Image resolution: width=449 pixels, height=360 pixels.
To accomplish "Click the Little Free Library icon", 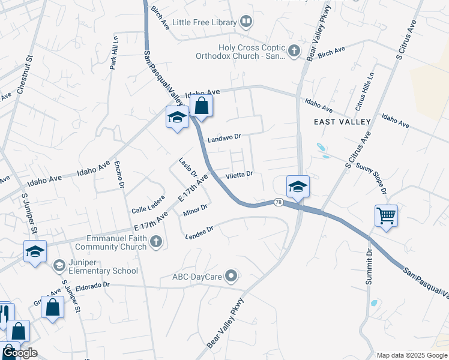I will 246,23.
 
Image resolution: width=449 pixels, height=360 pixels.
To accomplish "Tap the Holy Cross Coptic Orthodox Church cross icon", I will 294,51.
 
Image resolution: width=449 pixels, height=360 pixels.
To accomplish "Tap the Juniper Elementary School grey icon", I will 59,265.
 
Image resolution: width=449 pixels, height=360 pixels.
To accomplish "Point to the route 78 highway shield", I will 279,202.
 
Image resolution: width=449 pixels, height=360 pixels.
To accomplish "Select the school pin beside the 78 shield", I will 298,187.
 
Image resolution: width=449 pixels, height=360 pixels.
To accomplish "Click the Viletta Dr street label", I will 239,175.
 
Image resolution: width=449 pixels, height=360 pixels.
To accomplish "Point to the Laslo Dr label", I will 188,167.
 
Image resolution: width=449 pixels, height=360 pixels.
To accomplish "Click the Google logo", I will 20,353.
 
